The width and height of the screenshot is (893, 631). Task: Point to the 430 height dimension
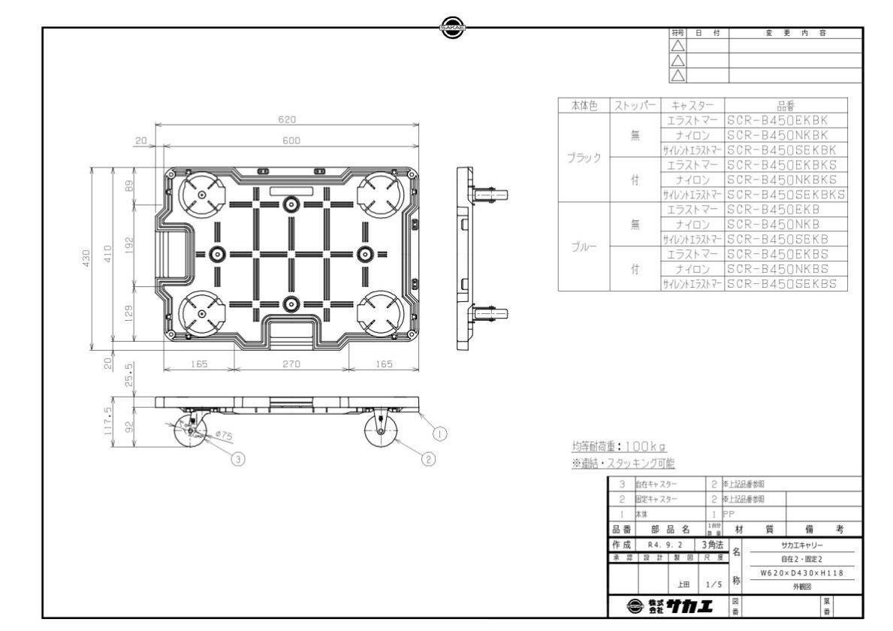point(87,258)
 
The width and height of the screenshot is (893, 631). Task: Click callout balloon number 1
point(442,432)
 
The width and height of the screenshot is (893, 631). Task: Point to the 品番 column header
point(786,106)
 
